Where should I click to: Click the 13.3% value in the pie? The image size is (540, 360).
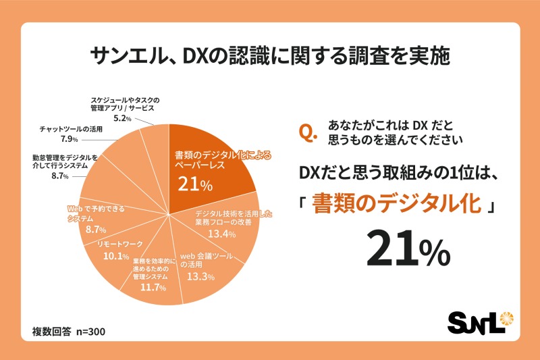(x=200, y=277)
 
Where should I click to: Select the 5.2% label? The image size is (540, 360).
(x=121, y=118)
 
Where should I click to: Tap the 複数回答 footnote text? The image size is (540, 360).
(x=51, y=332)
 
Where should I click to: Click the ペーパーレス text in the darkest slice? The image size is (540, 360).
(x=191, y=163)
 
